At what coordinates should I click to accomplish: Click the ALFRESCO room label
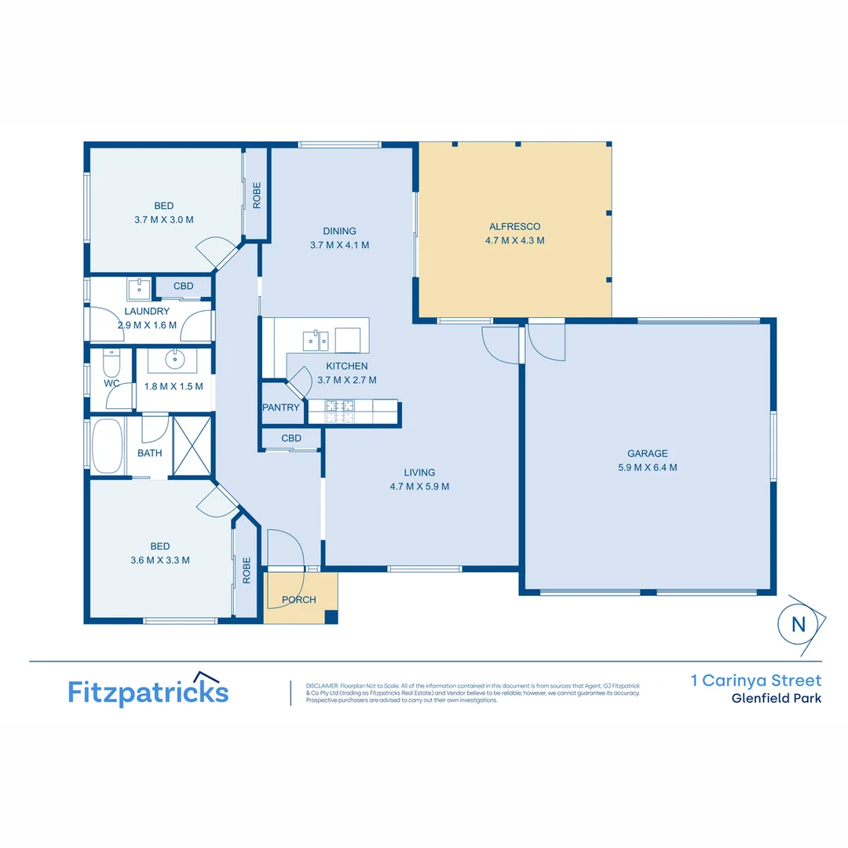pyautogui.click(x=514, y=227)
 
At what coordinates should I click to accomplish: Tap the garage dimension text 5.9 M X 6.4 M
pyautogui.click(x=647, y=467)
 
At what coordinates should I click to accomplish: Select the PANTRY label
pyautogui.click(x=281, y=408)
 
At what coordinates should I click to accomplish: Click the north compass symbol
pyautogui.click(x=799, y=624)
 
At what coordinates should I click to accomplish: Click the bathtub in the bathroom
pyautogui.click(x=108, y=446)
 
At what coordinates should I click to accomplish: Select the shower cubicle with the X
pyautogui.click(x=192, y=446)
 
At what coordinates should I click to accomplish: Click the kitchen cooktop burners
pyautogui.click(x=340, y=407)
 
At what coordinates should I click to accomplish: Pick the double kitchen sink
pyautogui.click(x=316, y=339)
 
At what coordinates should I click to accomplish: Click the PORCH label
pyautogui.click(x=298, y=600)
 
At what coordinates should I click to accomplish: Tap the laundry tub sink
pyautogui.click(x=140, y=288)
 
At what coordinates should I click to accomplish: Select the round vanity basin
pyautogui.click(x=174, y=360)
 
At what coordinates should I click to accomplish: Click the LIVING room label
pyautogui.click(x=419, y=473)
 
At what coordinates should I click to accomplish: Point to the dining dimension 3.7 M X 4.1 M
pyautogui.click(x=339, y=245)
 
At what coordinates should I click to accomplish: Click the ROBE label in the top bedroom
pyautogui.click(x=257, y=195)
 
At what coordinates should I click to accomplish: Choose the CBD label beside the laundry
pyautogui.click(x=183, y=286)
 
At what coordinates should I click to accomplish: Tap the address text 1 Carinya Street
pyautogui.click(x=755, y=680)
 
